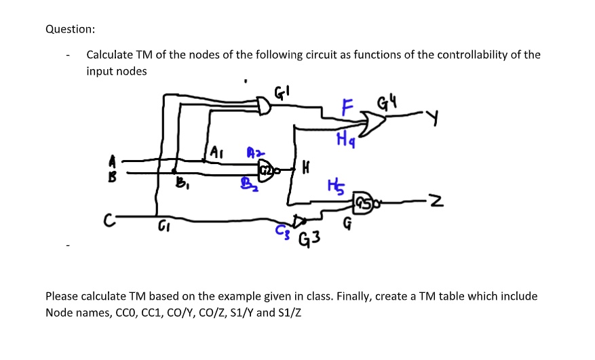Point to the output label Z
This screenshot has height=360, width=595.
click(x=440, y=201)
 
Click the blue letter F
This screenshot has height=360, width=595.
click(x=348, y=107)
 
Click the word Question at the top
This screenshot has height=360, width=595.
click(x=70, y=29)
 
